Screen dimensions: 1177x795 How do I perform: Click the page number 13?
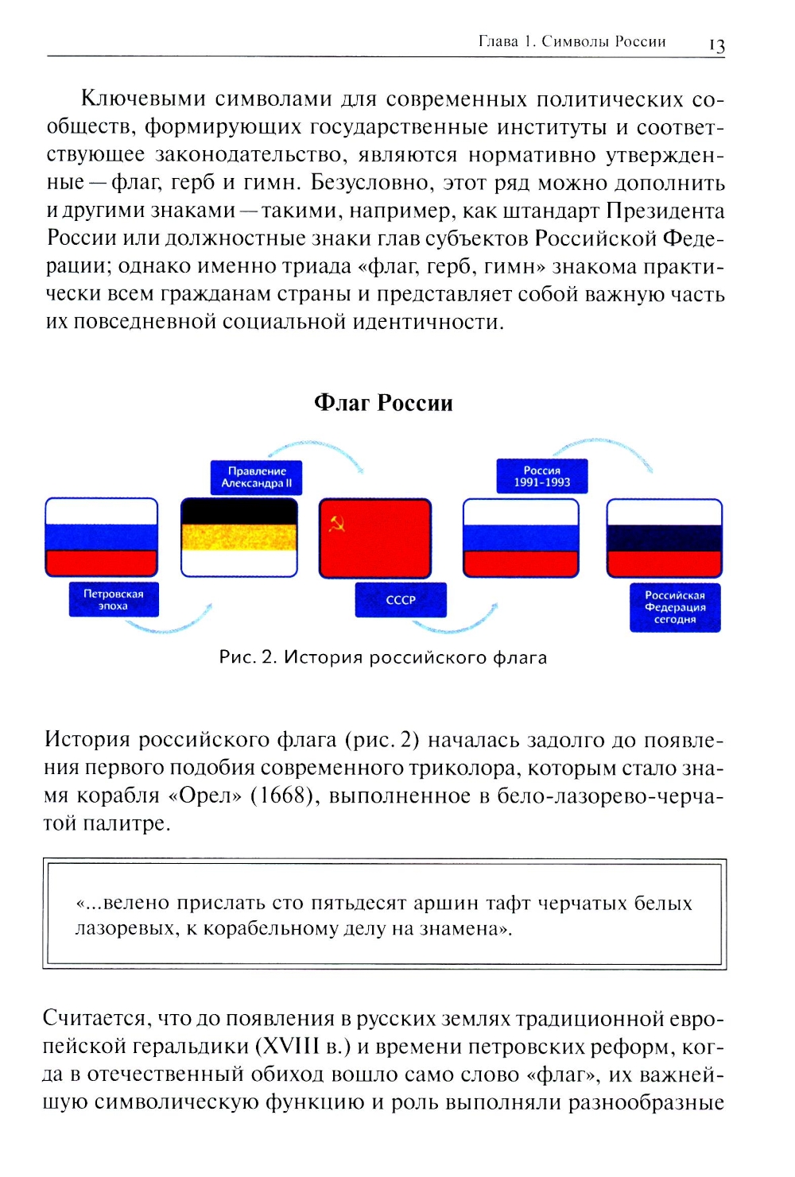[x=716, y=45]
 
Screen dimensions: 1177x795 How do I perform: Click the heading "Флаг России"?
[x=383, y=403]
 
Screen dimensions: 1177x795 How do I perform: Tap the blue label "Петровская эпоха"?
[x=113, y=600]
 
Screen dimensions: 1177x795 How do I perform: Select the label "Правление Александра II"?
[x=256, y=478]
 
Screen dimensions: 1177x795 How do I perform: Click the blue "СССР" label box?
[x=401, y=600]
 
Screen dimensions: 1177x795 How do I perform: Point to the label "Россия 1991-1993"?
[x=541, y=476]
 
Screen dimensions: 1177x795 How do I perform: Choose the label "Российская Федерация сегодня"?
[x=675, y=607]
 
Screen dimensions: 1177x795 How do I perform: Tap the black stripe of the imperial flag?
[x=239, y=512]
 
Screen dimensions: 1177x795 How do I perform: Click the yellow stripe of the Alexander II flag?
[x=239, y=537]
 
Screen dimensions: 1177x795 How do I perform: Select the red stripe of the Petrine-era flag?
[x=102, y=563]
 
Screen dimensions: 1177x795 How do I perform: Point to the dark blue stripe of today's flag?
[x=664, y=538]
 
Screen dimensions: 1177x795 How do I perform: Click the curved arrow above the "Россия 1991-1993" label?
[x=604, y=450]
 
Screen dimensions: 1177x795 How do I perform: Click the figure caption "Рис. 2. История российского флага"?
[x=383, y=658]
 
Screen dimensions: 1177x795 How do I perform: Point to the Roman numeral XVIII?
[x=292, y=1047]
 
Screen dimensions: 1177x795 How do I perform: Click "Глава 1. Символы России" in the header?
[x=572, y=41]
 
